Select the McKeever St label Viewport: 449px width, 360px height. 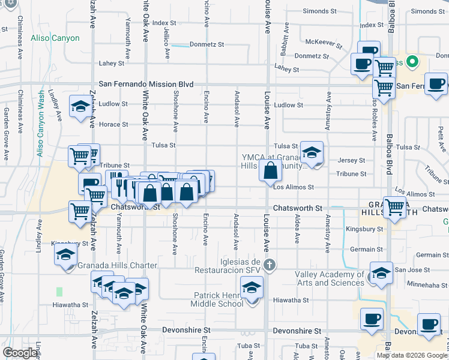pos(324,43)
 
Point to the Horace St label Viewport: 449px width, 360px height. pos(113,125)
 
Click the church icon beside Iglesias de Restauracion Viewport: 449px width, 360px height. pos(270,264)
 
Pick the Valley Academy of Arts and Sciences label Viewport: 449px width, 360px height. pos(330,279)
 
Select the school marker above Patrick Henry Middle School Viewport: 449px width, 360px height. pos(252,287)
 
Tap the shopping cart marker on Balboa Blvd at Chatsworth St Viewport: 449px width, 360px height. pos(394,208)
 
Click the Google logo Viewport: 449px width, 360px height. pos(20,353)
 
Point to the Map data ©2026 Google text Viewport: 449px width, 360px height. pos(412,355)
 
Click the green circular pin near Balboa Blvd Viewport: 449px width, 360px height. pos(412,62)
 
